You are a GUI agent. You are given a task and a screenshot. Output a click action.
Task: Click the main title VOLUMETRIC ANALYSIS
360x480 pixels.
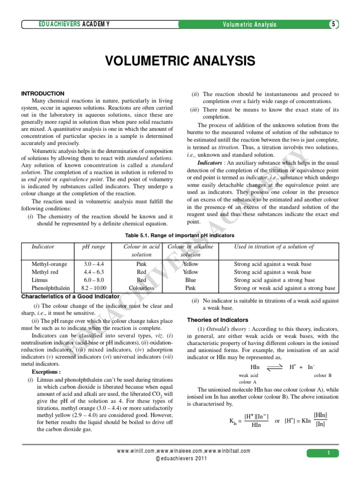(x=180, y=61)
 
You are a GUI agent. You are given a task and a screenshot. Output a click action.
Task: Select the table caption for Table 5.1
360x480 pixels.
(x=180, y=235)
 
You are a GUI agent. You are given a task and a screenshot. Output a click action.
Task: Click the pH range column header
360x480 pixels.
(x=94, y=247)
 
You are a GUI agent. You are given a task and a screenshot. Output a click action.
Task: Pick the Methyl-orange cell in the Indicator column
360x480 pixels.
(x=49, y=264)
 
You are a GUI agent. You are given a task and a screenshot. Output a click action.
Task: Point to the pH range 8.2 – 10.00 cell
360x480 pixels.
(x=94, y=288)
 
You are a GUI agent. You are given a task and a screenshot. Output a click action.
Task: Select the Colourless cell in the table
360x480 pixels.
(x=141, y=288)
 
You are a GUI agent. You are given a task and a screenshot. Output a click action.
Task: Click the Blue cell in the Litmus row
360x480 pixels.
(x=190, y=280)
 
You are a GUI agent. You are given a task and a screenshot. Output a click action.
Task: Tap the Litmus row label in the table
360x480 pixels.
(x=40, y=280)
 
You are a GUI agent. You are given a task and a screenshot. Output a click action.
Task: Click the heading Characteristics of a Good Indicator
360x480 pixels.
(x=71, y=296)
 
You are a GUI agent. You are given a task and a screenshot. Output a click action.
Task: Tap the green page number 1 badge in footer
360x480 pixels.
(x=329, y=453)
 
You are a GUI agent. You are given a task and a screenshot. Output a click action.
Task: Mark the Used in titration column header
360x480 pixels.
(x=274, y=247)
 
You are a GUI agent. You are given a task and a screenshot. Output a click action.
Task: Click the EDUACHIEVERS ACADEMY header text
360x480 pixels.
(x=75, y=24)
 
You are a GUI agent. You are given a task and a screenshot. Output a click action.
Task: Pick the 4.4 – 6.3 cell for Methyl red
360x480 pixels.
(x=94, y=272)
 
